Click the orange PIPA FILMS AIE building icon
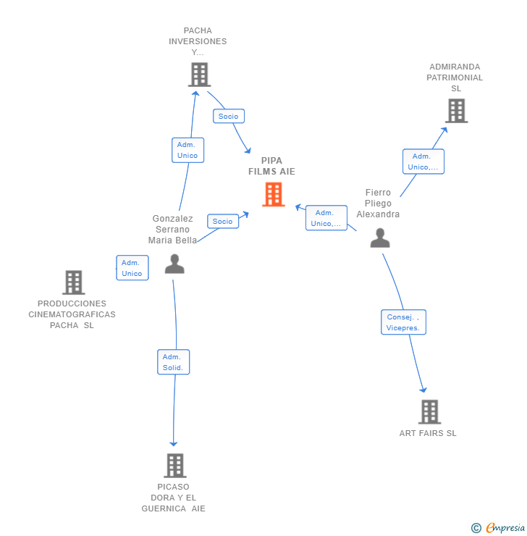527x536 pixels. (273, 194)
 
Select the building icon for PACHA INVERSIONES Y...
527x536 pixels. (200, 75)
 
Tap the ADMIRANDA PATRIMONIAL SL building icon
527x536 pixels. (456, 111)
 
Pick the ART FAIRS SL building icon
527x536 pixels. (429, 411)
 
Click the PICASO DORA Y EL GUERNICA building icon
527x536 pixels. (175, 465)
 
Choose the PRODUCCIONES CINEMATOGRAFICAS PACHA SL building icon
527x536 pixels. (73, 282)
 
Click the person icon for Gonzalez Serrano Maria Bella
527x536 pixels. (174, 264)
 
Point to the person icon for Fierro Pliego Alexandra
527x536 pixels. (380, 238)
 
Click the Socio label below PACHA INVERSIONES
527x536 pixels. (229, 116)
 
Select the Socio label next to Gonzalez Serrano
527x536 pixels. (223, 221)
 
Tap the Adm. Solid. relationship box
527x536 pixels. (173, 362)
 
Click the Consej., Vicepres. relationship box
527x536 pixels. (403, 322)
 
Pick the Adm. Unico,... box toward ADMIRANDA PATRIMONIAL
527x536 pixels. (423, 162)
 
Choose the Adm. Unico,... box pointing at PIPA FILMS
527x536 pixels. (326, 218)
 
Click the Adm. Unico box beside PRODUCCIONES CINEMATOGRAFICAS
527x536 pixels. (132, 268)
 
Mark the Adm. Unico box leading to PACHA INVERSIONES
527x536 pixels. (187, 150)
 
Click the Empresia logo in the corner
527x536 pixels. (498, 527)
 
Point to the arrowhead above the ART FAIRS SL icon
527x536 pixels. (423, 390)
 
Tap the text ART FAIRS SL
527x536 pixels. (428, 433)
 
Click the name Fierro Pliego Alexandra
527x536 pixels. (378, 204)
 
